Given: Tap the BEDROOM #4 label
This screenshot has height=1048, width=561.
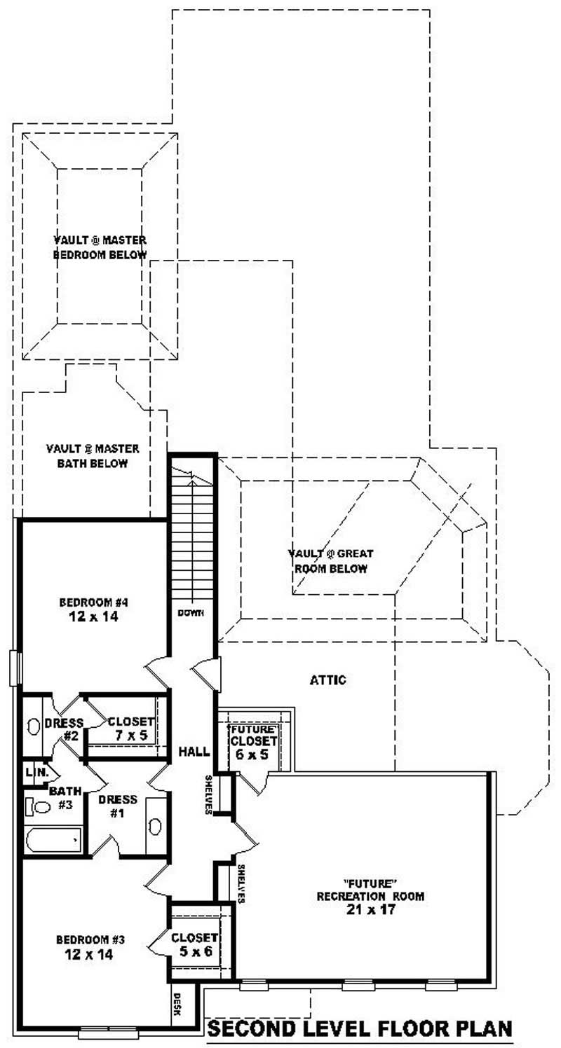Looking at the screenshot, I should pyautogui.click(x=92, y=602).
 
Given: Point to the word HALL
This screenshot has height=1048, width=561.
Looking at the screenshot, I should pyautogui.click(x=194, y=752).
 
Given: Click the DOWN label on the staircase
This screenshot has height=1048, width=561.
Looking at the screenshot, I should pyautogui.click(x=191, y=613).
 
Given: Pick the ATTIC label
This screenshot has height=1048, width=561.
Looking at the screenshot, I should pyautogui.click(x=328, y=680).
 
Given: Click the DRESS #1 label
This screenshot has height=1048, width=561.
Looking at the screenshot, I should pyautogui.click(x=118, y=806).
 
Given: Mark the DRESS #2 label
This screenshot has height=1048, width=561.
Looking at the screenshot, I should pyautogui.click(x=64, y=729).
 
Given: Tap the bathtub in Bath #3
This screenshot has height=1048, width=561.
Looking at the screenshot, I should pyautogui.click(x=53, y=839).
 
